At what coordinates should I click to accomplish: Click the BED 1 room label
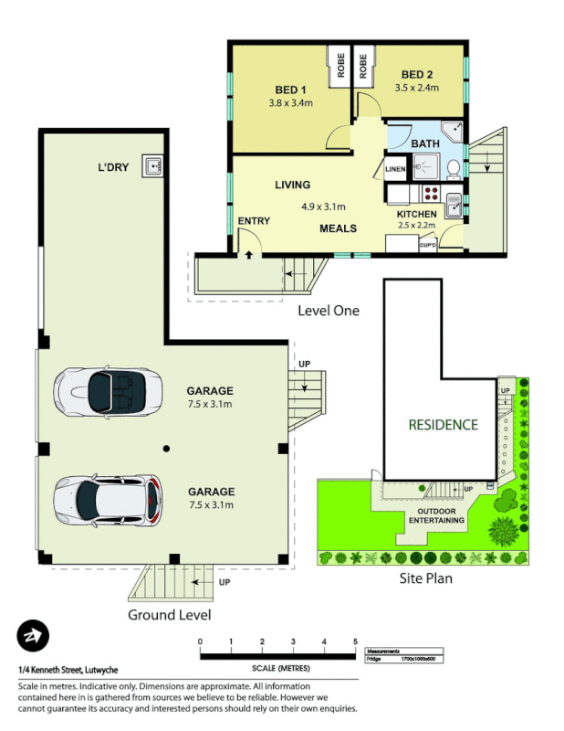click(x=290, y=90)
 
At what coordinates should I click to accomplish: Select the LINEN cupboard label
click(x=395, y=169)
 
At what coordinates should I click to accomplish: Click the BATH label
click(x=426, y=144)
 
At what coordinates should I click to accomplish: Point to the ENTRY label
click(x=254, y=221)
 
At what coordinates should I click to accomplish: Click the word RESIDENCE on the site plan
click(x=443, y=424)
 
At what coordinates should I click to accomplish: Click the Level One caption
click(x=329, y=311)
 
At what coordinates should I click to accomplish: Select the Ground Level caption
click(x=170, y=614)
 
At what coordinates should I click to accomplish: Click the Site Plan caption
click(x=426, y=577)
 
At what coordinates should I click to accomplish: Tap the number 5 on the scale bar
click(x=355, y=641)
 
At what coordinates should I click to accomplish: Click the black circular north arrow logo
click(x=33, y=637)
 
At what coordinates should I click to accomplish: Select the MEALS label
click(x=338, y=228)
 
